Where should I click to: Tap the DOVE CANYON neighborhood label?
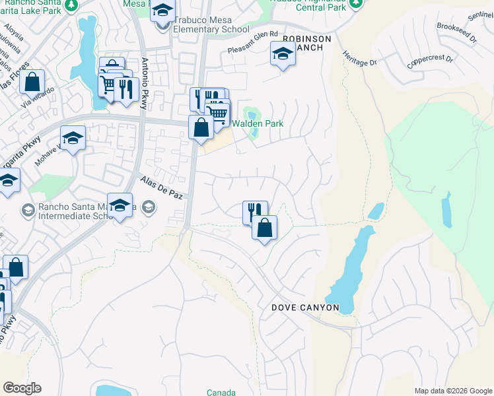click(x=305, y=308)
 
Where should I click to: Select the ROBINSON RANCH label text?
click(x=306, y=44)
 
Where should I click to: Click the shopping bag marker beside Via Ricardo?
click(x=31, y=83)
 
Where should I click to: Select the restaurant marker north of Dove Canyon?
click(x=254, y=211)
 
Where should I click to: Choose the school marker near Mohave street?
click(x=73, y=139)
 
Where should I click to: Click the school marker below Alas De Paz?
click(x=120, y=206)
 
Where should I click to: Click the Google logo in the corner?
click(x=21, y=388)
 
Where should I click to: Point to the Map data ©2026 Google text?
click(x=453, y=391)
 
